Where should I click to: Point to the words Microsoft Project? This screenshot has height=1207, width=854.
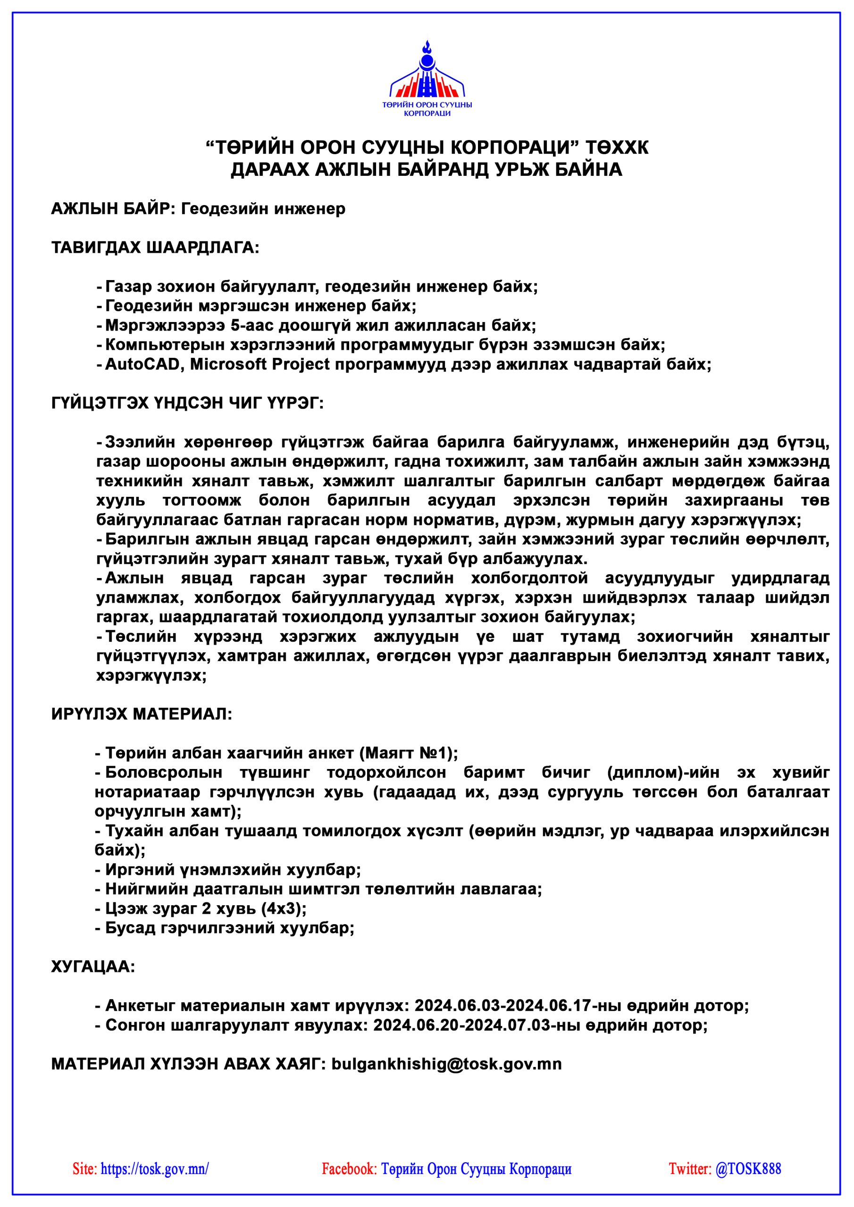(x=260, y=364)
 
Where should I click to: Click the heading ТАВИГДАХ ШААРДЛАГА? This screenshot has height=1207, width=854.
(x=155, y=247)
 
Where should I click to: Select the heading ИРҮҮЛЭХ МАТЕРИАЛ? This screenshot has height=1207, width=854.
(x=141, y=714)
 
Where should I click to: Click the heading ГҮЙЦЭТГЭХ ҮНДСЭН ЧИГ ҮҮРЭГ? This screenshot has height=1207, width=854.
(x=187, y=403)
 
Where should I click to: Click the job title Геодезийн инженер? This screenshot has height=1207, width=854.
(x=263, y=209)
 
